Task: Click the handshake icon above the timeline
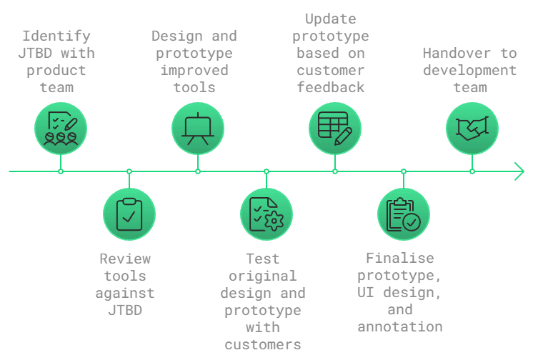coord(472,129)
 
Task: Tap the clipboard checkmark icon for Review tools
coord(129,214)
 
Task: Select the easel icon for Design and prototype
coord(198,129)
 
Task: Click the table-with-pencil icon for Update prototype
coord(335,129)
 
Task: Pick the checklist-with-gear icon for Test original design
coord(266,214)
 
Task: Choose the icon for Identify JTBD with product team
coord(61,129)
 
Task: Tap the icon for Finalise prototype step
coord(404,214)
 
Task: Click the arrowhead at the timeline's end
coord(519,171)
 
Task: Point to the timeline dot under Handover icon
coord(472,171)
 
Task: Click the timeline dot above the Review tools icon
coord(129,171)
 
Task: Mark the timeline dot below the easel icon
coord(198,171)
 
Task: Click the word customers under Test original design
coord(263,344)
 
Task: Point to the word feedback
coord(331,87)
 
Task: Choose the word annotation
coord(400,326)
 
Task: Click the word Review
coord(125,259)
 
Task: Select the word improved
coord(194,70)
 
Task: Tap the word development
coord(469,70)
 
